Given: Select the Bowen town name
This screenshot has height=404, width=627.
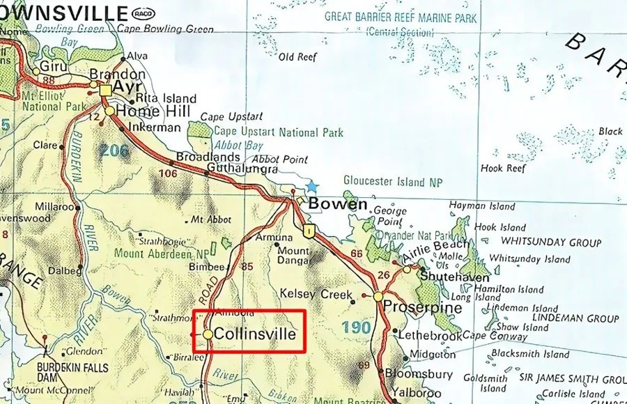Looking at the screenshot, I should click(337, 204).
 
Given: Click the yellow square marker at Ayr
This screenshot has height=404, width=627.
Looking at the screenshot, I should click(105, 91).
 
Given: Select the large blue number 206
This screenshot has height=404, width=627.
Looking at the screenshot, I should click(114, 149).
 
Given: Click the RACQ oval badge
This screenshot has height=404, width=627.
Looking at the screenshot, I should click(143, 13).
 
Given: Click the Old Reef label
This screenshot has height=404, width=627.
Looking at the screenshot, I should click(297, 57).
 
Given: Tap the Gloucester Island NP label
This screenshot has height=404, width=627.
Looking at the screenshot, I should click(394, 182).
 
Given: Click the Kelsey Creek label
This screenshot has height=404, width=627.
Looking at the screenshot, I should click(316, 294).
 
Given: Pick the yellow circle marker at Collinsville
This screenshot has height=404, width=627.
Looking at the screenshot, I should click(208, 335).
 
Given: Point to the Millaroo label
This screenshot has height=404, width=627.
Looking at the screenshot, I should click(54, 207).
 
